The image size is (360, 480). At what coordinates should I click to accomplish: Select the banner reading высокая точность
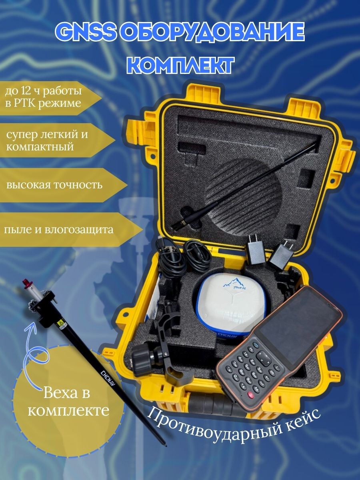(x=63, y=185)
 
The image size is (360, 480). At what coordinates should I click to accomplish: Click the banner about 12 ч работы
(x=50, y=98)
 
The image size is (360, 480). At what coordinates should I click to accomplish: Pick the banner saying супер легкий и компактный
(x=57, y=140)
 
